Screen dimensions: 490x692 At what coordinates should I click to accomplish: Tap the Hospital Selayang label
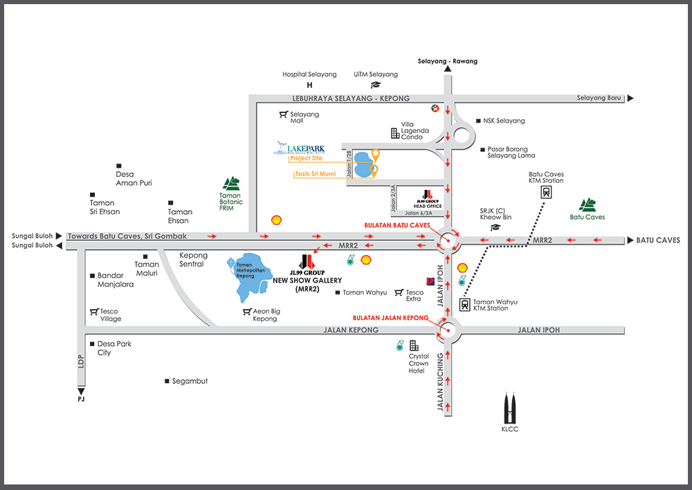pos(309,74)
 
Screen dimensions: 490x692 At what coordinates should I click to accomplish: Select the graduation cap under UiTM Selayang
pos(376,85)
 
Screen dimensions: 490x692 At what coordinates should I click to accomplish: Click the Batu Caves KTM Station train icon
pos(546,192)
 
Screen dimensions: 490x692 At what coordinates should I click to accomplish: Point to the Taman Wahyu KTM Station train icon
pos(464,304)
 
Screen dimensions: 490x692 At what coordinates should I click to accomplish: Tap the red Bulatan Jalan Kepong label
pos(390,318)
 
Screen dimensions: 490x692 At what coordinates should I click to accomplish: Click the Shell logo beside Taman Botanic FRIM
pos(277,219)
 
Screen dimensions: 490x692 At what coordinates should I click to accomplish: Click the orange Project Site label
pos(306,158)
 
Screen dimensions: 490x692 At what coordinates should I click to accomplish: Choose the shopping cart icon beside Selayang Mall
pos(283,114)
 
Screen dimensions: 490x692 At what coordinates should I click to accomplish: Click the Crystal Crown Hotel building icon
pos(414,345)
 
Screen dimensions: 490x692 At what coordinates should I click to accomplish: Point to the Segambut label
pos(190,381)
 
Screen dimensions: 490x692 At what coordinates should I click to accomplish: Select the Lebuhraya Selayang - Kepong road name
pos(351,98)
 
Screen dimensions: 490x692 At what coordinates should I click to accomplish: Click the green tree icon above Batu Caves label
pos(588,204)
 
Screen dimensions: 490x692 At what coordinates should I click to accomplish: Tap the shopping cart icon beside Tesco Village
pos(93,311)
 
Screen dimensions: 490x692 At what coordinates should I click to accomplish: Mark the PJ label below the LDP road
pos(82,399)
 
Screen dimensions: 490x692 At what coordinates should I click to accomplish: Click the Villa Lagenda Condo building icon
pos(395,132)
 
